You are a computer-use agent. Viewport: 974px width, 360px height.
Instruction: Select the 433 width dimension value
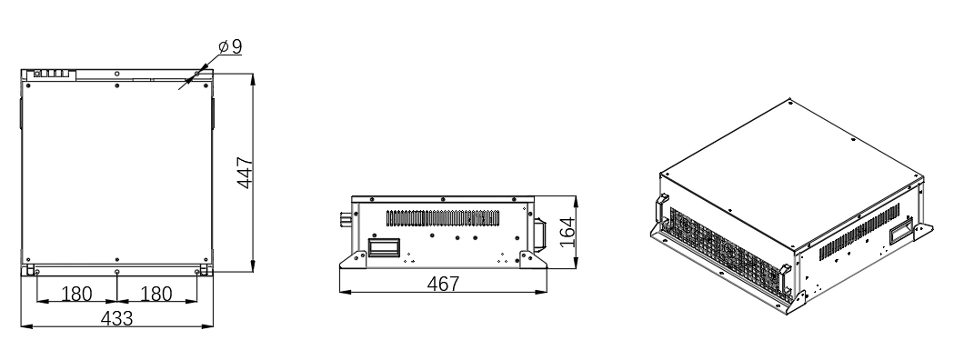point(117,318)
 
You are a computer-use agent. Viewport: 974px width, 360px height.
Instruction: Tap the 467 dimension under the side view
point(444,284)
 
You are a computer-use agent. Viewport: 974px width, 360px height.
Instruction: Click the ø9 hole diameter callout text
point(230,45)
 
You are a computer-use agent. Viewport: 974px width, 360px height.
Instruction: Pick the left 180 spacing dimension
point(76,295)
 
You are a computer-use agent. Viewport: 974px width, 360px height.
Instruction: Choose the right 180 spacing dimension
point(156,295)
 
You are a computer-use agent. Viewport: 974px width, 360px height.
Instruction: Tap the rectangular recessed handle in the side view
point(383,247)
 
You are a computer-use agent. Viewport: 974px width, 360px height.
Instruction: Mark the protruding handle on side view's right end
point(538,232)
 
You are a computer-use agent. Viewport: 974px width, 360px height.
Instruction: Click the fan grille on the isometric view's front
point(718,244)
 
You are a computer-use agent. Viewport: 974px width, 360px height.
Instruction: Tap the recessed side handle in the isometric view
point(902,224)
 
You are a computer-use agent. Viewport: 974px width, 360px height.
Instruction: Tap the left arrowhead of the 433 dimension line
point(24,327)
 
